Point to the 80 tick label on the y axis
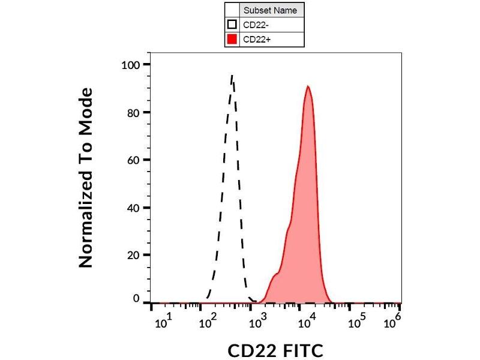click(x=134, y=112)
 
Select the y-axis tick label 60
click(x=134, y=160)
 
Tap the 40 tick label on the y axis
click(x=134, y=208)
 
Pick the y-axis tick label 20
click(x=134, y=255)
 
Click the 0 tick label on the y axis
click(x=137, y=299)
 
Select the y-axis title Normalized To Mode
click(x=86, y=178)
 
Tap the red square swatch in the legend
click(x=232, y=40)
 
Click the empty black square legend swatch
click(x=232, y=25)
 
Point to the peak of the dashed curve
click(x=232, y=76)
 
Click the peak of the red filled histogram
click(x=308, y=86)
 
